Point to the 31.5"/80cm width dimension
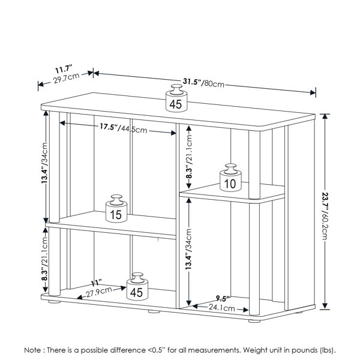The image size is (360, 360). coord(203,82)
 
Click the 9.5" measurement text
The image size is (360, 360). coord(224,298)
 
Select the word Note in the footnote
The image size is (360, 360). coord(33,349)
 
